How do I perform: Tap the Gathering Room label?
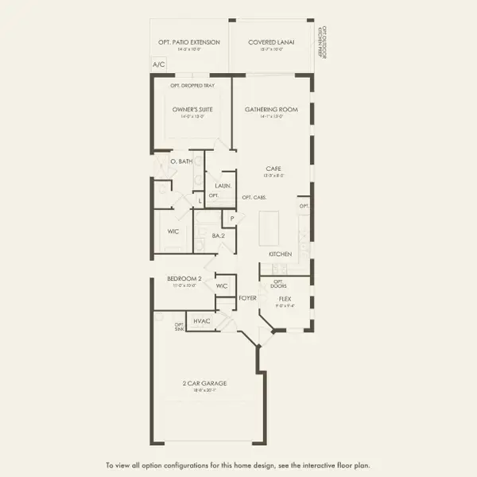(271, 109)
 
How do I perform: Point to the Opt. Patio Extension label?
(189, 42)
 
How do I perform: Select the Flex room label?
(285, 298)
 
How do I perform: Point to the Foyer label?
(248, 298)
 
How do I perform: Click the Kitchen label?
(280, 254)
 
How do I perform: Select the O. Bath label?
(182, 161)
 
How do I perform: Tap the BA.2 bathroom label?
(219, 236)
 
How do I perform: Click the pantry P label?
(232, 218)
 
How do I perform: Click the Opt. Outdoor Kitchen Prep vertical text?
(322, 40)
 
